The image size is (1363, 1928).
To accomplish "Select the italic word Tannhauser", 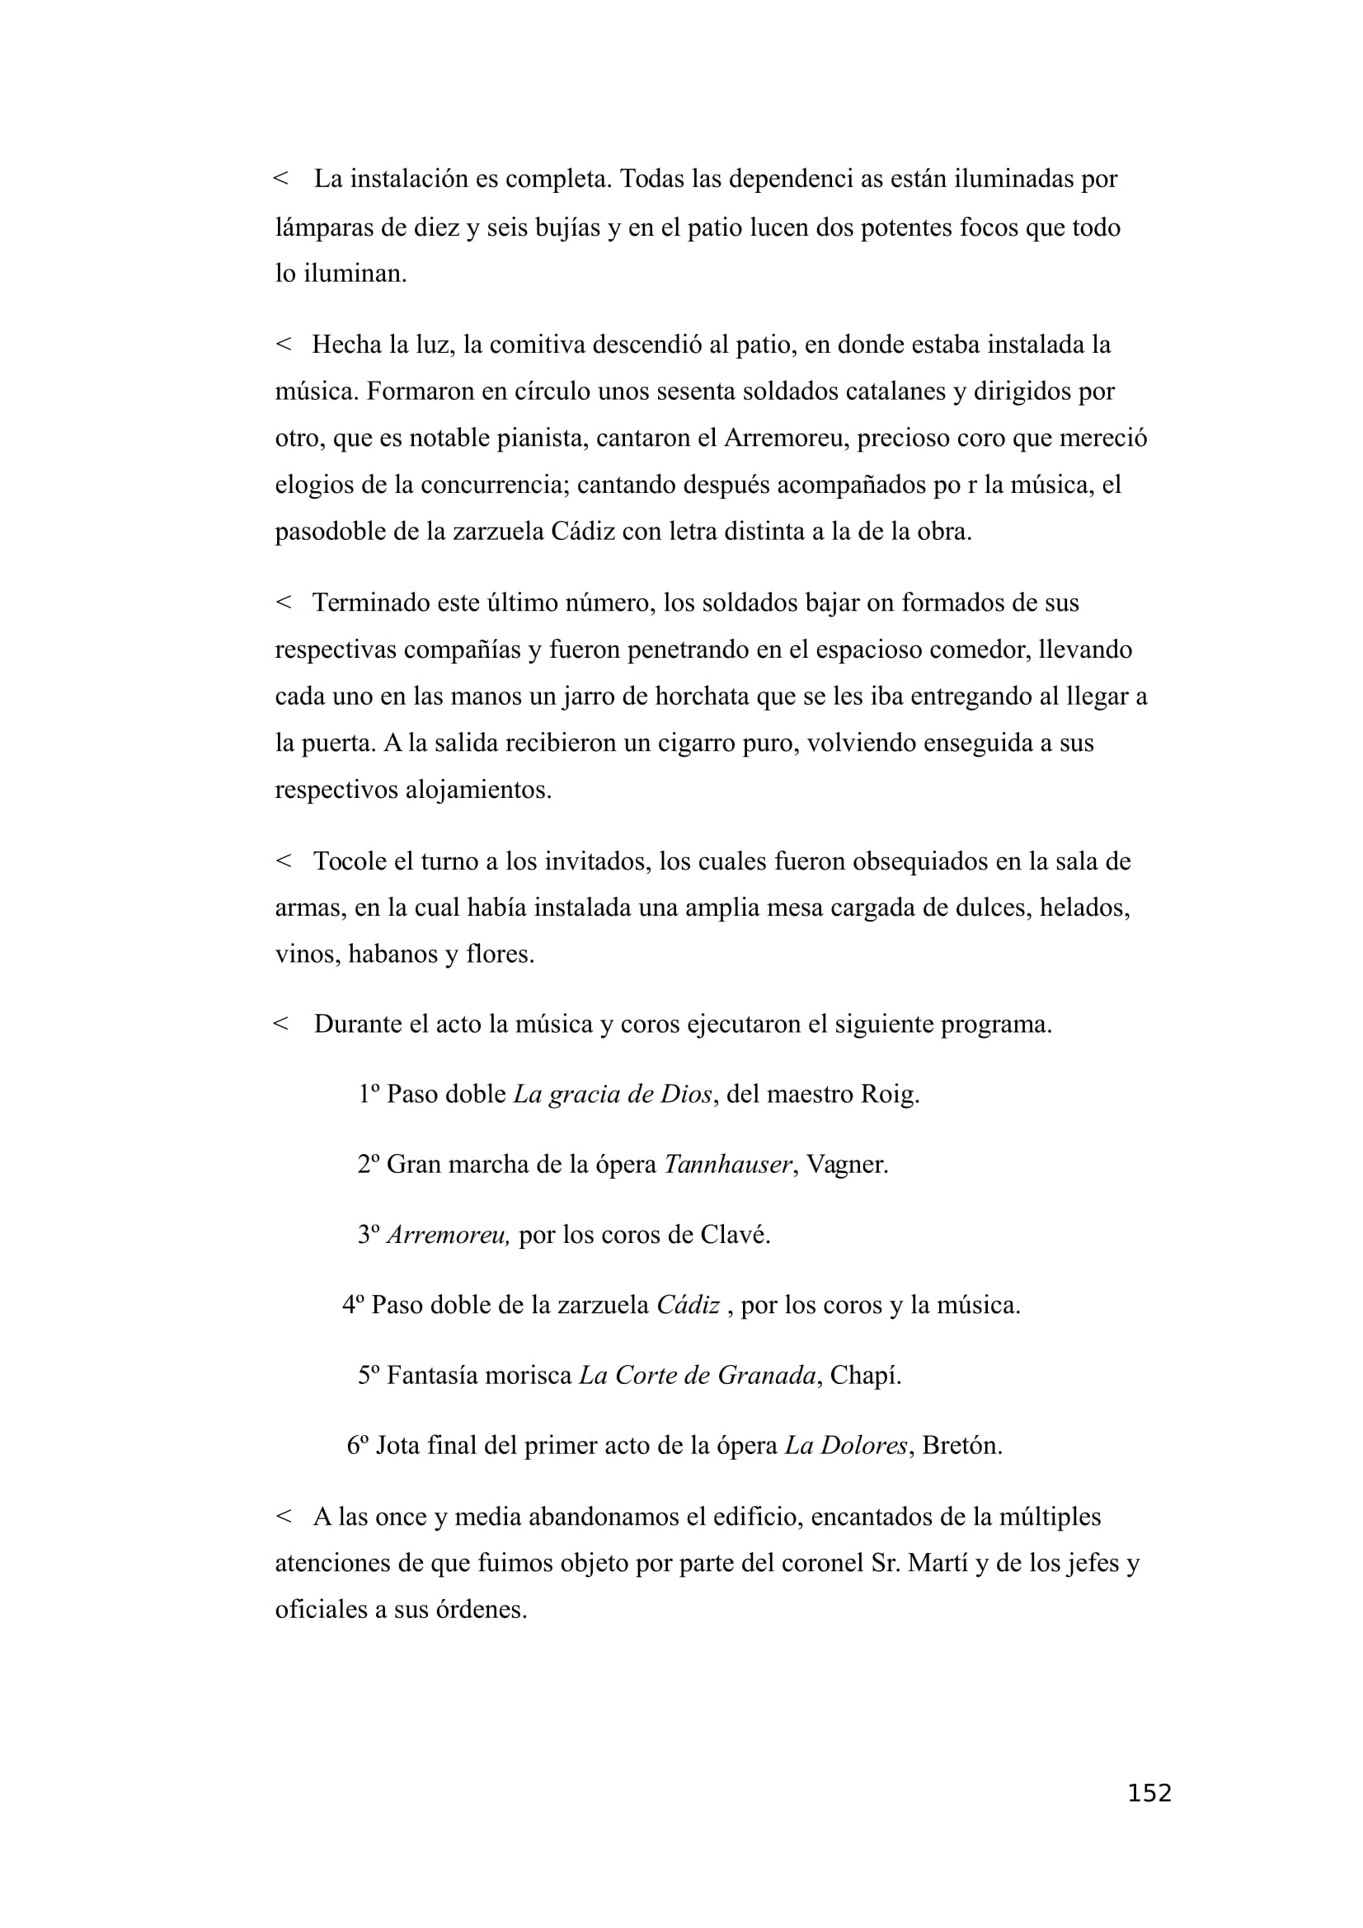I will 727,1164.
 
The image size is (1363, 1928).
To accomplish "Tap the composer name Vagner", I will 847,1164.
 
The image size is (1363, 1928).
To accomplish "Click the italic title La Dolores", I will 846,1445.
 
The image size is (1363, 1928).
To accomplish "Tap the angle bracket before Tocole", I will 283,861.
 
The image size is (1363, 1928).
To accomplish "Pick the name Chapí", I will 865,1375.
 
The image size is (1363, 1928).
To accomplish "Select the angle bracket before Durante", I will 281,1024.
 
